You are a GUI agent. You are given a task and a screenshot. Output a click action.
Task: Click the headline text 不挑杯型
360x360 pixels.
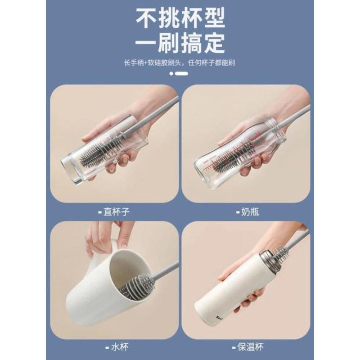(180, 19)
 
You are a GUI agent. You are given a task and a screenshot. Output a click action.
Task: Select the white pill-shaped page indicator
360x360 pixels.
(182, 73)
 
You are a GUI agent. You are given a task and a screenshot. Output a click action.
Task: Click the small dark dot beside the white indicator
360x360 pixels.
(171, 73)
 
